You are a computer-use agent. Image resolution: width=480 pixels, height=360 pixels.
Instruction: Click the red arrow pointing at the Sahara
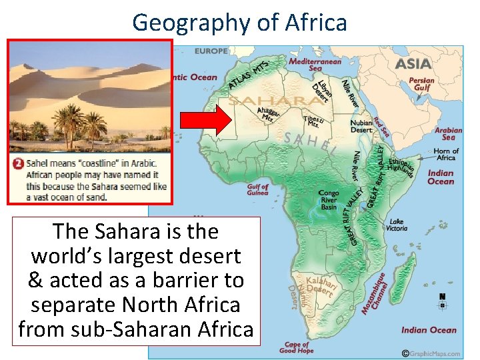tap(206, 123)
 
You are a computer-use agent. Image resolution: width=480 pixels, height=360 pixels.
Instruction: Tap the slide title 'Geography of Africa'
tap(239, 22)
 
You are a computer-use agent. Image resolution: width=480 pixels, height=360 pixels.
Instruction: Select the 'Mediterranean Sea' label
tap(315, 64)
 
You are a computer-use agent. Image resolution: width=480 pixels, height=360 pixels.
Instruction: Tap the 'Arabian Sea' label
tap(448, 133)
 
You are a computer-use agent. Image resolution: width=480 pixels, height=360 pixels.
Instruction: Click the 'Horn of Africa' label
tap(445, 154)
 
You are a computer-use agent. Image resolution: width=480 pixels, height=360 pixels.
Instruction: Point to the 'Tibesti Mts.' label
tap(313, 121)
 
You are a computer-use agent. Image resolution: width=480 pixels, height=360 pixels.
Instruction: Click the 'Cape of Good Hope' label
tap(297, 347)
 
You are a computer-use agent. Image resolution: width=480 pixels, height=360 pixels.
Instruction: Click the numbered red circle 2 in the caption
tap(18, 163)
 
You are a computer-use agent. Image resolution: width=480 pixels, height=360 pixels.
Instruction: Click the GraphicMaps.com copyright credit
tap(431, 353)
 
